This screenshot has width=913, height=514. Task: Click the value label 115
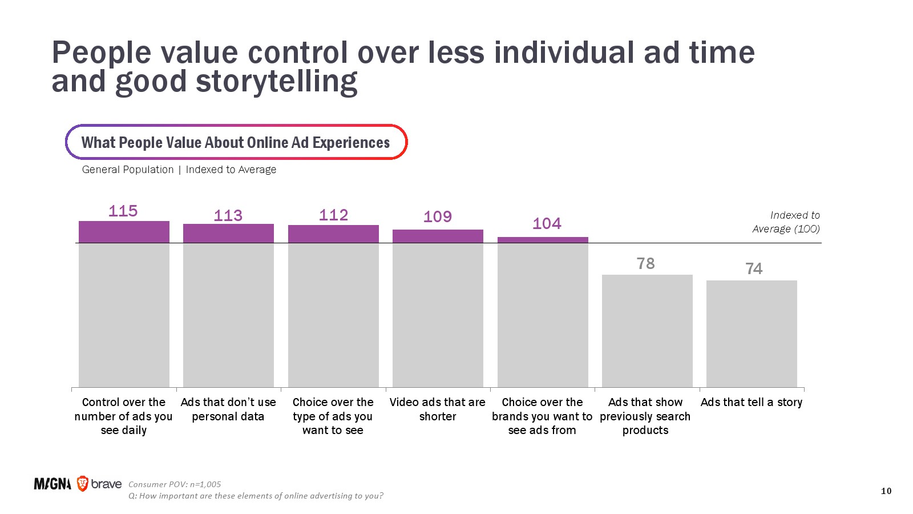123,211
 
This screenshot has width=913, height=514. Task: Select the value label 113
228,215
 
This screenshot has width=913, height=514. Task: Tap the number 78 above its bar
646,263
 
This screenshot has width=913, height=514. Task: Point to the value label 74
754,268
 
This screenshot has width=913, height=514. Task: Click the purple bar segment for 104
543,240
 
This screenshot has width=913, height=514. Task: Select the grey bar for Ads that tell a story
752,334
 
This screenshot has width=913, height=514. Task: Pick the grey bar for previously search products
647,331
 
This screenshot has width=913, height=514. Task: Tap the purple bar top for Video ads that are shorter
438,236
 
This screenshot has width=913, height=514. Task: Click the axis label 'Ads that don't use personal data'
228,409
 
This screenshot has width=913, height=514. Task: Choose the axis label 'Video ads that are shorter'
438,409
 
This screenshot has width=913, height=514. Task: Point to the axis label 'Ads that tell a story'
752,402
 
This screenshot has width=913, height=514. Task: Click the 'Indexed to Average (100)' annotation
786,222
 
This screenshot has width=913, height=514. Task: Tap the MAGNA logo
52,484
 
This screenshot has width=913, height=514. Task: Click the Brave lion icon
83,484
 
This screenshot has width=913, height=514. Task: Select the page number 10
886,491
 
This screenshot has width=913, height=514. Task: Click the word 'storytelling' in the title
277,82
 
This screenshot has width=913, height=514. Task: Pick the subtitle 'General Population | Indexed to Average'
179,170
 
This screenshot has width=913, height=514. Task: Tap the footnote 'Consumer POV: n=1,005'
175,484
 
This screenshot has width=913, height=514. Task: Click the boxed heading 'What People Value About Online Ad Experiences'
236,142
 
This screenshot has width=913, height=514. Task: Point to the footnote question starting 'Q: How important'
256,496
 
